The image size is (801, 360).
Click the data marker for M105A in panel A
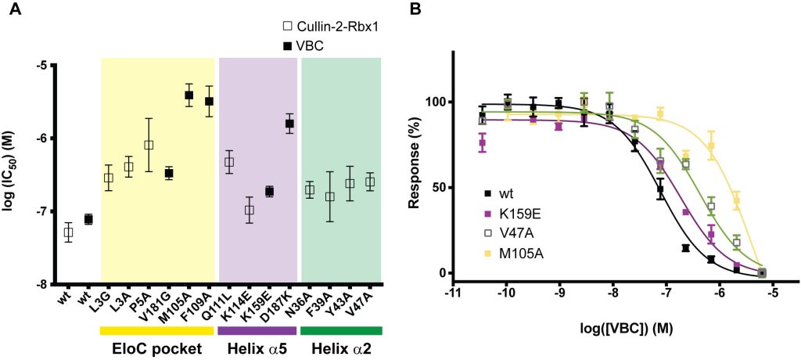coord(189,95)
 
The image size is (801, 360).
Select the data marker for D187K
coord(289,124)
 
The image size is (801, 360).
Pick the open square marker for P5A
coord(149,145)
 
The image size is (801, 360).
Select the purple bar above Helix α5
coord(258,331)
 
